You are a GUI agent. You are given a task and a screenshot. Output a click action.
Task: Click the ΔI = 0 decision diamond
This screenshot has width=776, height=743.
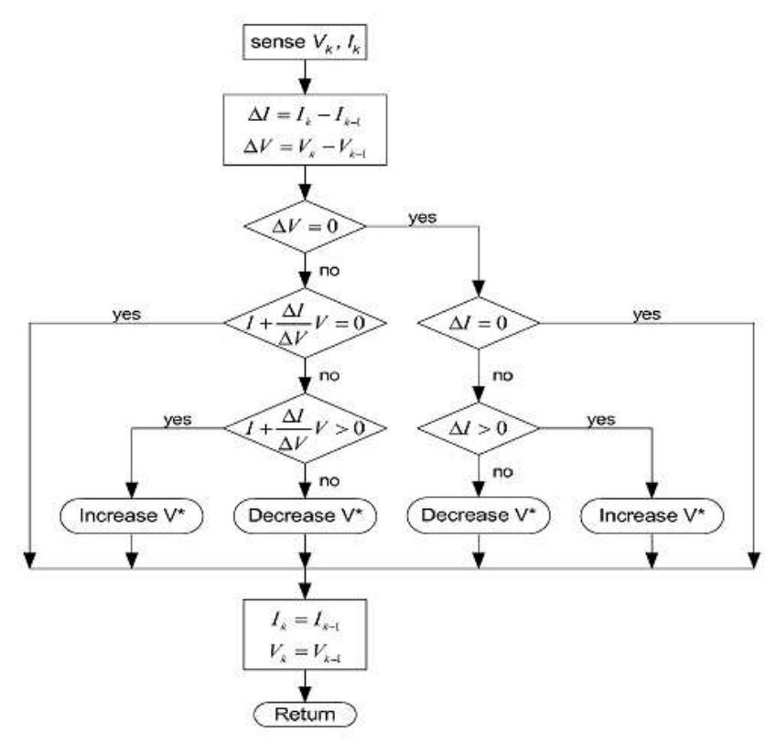click(x=478, y=324)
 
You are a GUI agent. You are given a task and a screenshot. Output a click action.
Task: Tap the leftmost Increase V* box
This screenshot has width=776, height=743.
click(x=132, y=515)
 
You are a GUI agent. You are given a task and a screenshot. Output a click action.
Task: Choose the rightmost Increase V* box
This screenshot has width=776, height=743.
click(x=652, y=515)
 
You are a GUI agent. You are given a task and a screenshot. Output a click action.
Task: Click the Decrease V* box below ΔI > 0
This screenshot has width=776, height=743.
click(x=478, y=515)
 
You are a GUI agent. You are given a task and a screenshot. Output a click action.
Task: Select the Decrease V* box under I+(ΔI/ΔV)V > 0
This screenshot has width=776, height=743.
click(x=304, y=515)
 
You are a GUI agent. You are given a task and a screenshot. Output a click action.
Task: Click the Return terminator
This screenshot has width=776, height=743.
click(x=304, y=713)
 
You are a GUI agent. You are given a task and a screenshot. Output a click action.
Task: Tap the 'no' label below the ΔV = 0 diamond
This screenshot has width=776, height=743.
click(x=330, y=273)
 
